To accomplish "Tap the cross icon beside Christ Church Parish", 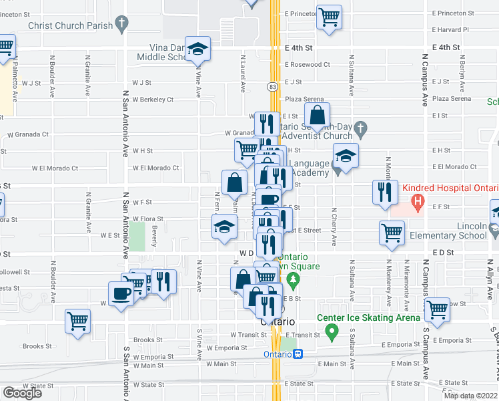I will point(121,25).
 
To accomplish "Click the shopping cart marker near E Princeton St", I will point(329,17).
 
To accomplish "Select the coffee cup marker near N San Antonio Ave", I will point(121,294).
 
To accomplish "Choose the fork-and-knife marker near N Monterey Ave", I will point(385,192).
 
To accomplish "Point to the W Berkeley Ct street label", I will point(153,100).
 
